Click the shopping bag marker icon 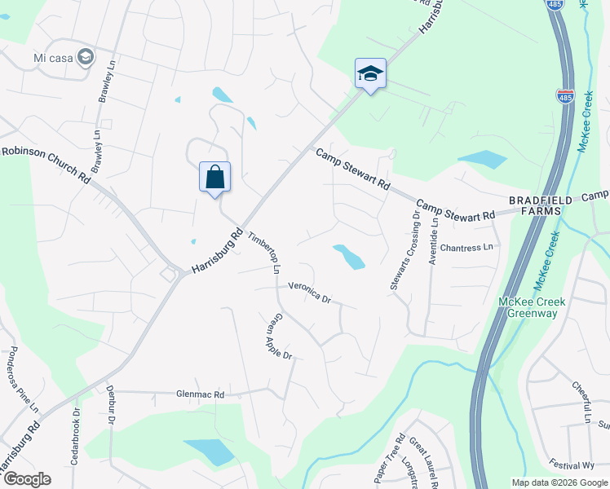pos(215,177)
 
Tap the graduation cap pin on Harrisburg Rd pos(370,74)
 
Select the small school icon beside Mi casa pos(86,57)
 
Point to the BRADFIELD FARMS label pos(535,205)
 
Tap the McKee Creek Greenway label pos(532,307)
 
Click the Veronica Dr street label pos(308,293)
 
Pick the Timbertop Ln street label pos(263,249)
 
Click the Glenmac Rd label pos(200,394)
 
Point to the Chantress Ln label pos(466,247)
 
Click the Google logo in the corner pos(27,479)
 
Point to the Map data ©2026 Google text pos(559,482)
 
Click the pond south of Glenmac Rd pos(209,451)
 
